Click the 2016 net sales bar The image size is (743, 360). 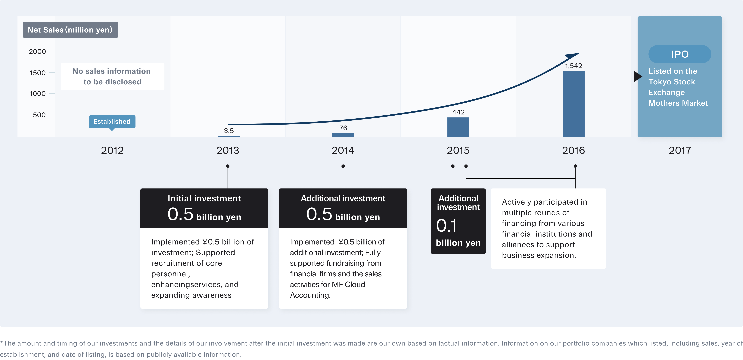pyautogui.click(x=573, y=104)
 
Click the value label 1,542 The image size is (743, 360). pyautogui.click(x=573, y=66)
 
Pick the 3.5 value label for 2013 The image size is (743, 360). pyautogui.click(x=229, y=131)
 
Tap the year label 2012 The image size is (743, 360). pyautogui.click(x=112, y=150)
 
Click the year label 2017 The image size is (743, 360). pyautogui.click(x=680, y=150)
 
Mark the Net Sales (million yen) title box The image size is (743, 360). pyautogui.click(x=70, y=30)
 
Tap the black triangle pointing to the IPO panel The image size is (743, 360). pyautogui.click(x=638, y=76)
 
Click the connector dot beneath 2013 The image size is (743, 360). pyautogui.click(x=228, y=166)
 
